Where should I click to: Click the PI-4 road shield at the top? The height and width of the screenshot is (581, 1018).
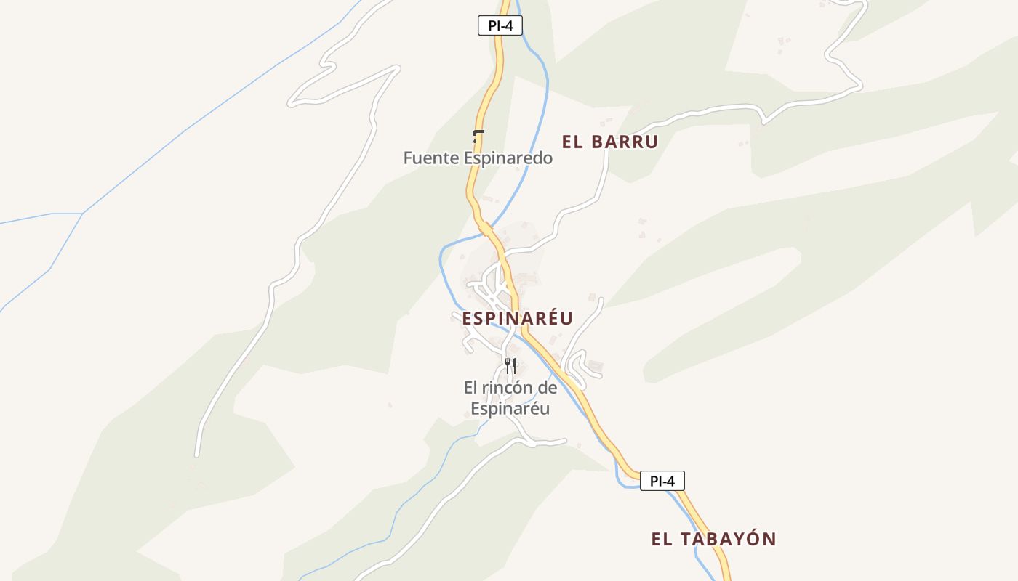point(500,25)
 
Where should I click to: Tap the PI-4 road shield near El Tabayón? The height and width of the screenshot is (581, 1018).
point(662,481)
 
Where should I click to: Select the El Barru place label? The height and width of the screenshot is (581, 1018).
point(609,142)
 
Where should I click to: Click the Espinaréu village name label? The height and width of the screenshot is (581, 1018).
point(517,318)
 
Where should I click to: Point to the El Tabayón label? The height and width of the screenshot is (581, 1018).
point(713,539)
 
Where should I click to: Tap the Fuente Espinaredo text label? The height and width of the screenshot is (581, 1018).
point(478,158)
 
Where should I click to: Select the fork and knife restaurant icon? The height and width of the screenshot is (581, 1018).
point(510,365)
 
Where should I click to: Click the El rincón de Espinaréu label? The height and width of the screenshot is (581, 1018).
point(510,398)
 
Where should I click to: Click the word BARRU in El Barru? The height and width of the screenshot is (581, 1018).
point(624,142)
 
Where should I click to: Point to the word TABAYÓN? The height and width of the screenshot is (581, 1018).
point(729,539)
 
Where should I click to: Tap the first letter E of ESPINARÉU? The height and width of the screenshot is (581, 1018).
point(467,318)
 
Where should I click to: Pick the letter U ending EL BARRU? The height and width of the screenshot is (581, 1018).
point(651,142)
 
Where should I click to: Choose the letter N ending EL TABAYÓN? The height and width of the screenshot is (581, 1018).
point(769,539)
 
